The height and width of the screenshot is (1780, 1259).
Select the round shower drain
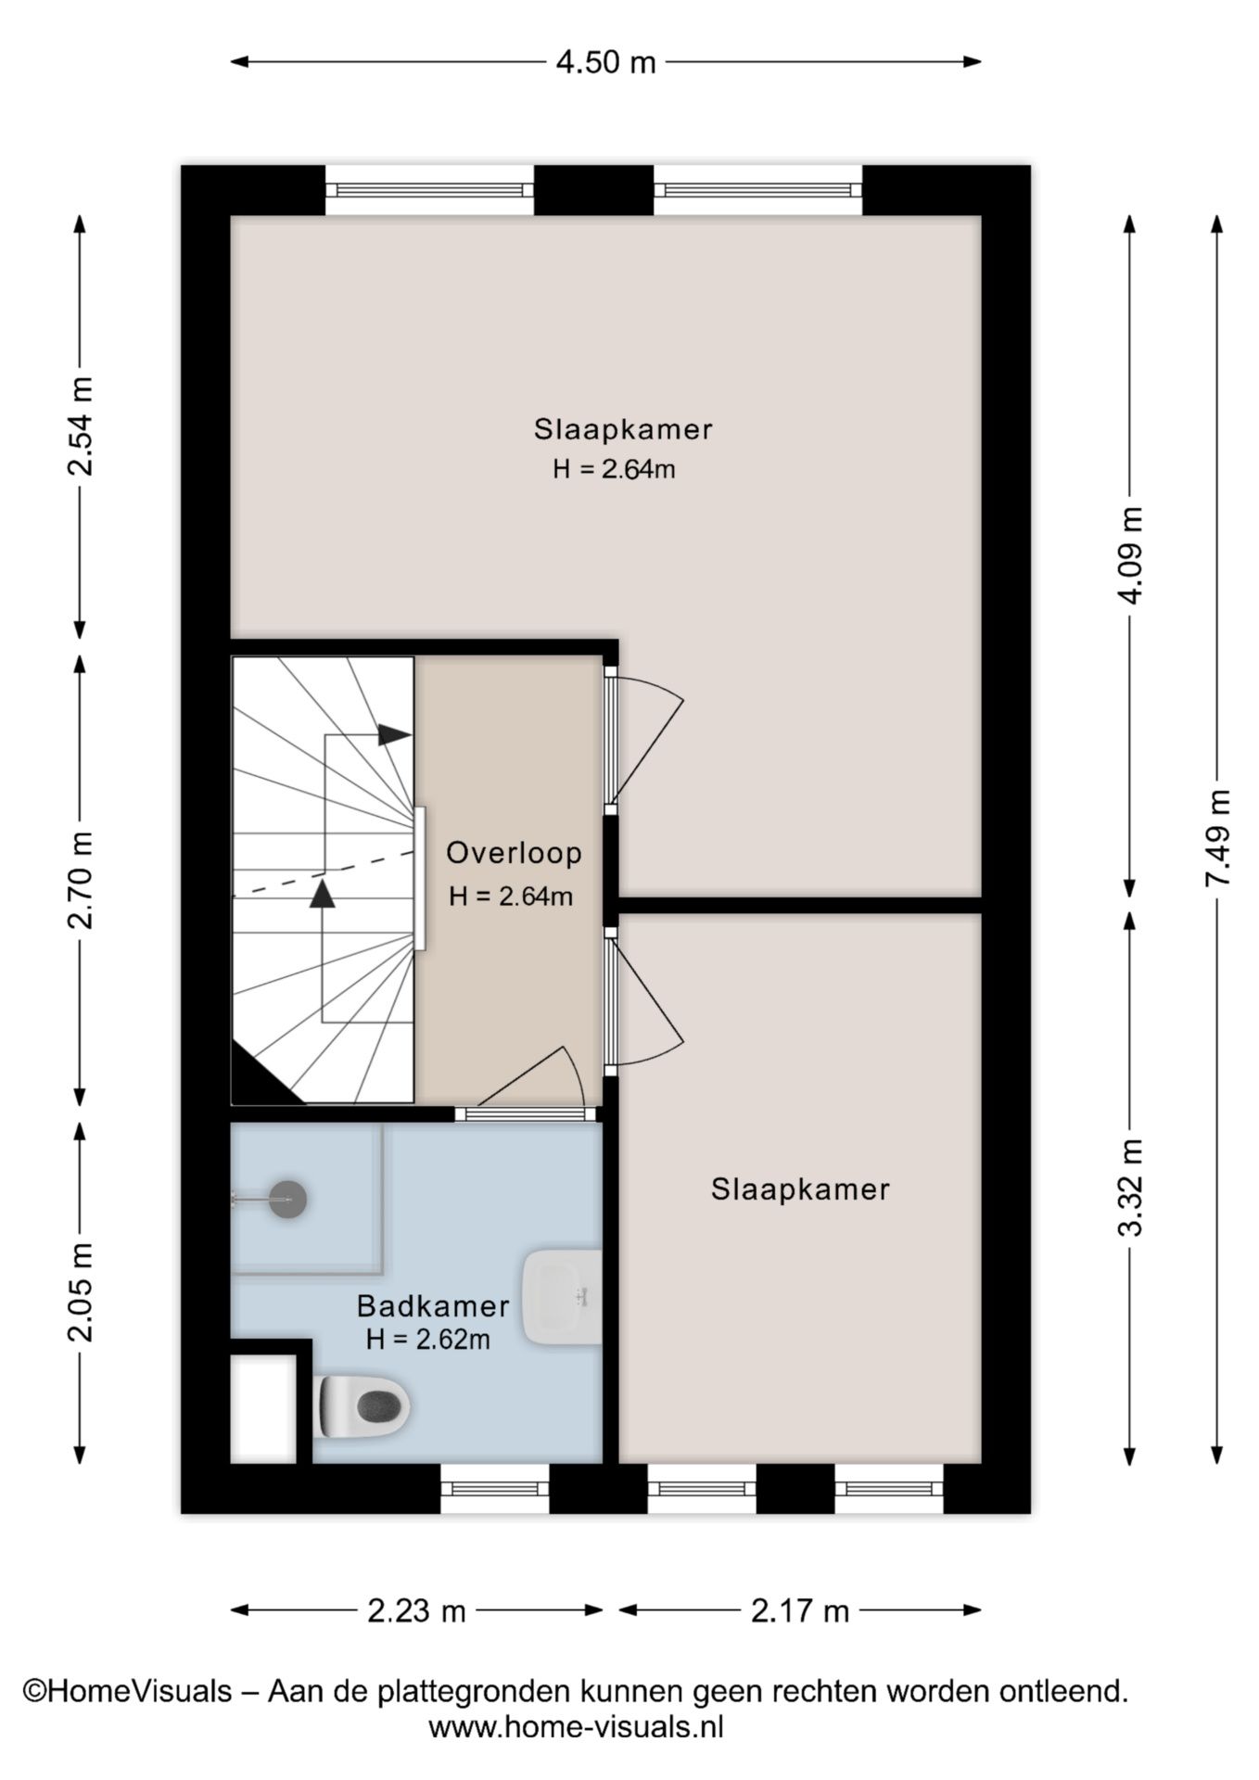coord(287,1199)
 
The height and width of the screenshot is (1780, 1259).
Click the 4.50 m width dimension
coord(605,62)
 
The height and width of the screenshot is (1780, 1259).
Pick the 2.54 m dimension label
coord(80,427)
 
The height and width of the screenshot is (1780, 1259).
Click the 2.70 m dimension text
coord(80,880)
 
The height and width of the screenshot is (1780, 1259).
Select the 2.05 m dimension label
coord(80,1292)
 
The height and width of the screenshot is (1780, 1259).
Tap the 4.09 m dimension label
coord(1130,555)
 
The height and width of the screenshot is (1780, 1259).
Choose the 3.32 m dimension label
coord(1130,1188)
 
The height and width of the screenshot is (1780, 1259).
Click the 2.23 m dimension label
coord(416,1611)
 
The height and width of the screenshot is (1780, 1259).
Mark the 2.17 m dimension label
coord(800,1611)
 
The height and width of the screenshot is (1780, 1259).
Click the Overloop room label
coord(514,853)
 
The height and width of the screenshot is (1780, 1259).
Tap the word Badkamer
coord(433,1306)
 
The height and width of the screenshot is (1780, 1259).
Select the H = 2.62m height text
coord(427,1339)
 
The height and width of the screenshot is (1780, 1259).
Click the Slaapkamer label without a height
coord(800,1189)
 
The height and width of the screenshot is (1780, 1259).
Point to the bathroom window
coord(494,1489)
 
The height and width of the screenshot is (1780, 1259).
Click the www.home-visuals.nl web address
coord(576,1727)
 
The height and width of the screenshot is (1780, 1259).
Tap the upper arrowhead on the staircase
coord(395,734)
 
